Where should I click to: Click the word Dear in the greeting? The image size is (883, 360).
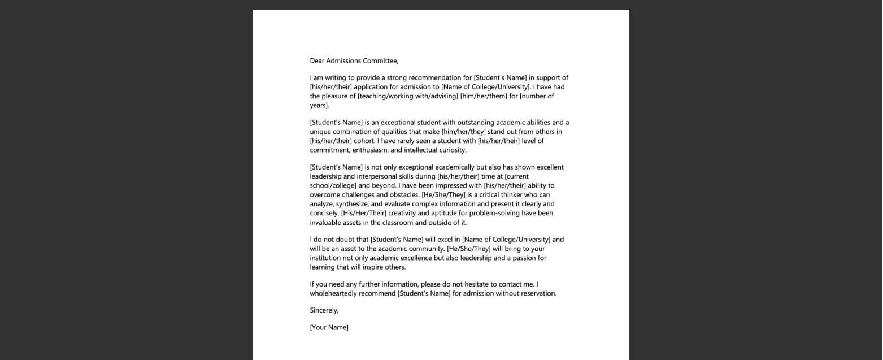(317, 61)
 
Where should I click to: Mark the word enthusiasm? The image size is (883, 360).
(370, 150)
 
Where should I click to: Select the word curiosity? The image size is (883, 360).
(453, 150)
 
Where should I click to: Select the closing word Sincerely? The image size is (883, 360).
(324, 310)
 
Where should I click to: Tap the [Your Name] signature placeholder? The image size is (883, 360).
(329, 327)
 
